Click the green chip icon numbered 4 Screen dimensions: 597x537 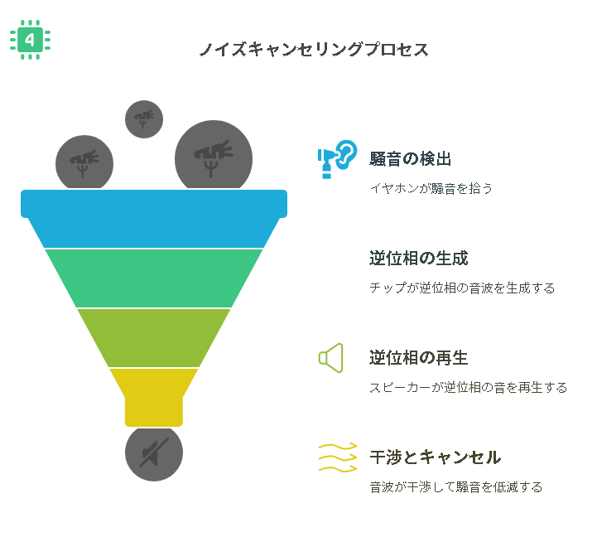click(30, 40)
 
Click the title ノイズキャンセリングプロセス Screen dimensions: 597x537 click(314, 50)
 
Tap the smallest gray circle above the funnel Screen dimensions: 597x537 click(144, 119)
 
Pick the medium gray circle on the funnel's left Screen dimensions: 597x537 click(84, 162)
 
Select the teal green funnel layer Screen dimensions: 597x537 click(154, 278)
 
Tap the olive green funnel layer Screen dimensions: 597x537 click(154, 337)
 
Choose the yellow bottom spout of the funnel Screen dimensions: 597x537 click(154, 397)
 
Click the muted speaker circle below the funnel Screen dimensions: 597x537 click(154, 453)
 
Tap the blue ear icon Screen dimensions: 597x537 click(337, 159)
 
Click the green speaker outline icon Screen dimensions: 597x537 click(331, 358)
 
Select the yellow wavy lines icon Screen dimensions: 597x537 click(338, 457)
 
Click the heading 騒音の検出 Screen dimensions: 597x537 click(411, 159)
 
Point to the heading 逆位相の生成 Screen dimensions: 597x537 click(419, 259)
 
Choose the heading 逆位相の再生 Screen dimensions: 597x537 click(419, 358)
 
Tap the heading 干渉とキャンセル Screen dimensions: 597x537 click(436, 457)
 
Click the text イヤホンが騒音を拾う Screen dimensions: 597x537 click(431, 188)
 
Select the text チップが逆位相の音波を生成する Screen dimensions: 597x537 click(462, 288)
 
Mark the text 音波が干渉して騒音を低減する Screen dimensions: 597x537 click(456, 487)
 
